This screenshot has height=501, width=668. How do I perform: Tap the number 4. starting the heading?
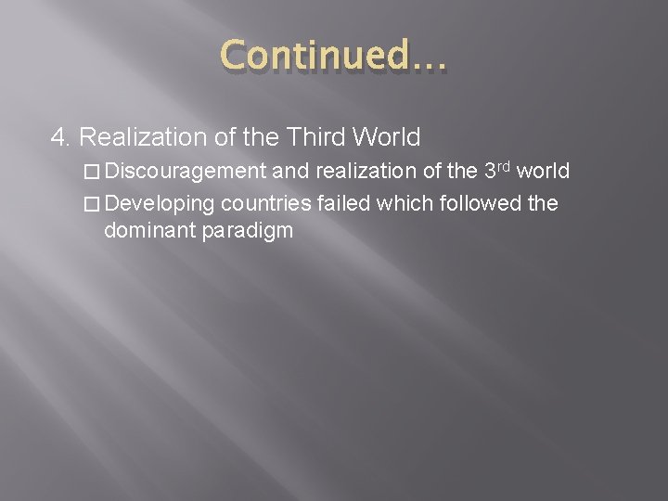pyautogui.click(x=61, y=138)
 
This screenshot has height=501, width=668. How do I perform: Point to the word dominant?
pyautogui.click(x=147, y=229)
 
